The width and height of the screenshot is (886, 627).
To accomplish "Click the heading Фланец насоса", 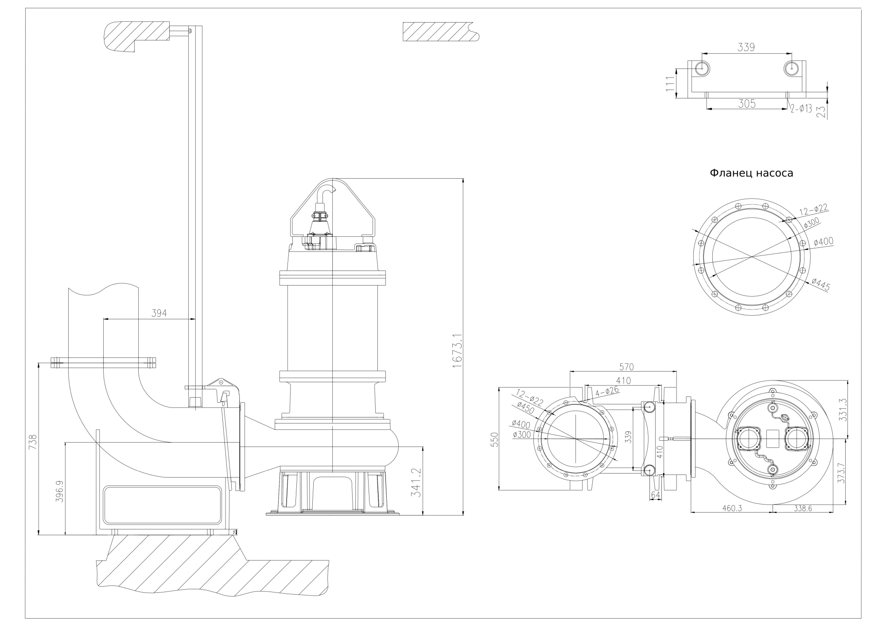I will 751,173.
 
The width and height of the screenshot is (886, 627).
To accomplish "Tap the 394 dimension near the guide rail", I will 159,313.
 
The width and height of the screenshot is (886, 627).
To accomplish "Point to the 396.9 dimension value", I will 59,491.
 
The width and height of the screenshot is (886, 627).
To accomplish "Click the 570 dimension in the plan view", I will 626,367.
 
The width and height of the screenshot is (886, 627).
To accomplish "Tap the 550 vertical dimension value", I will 495,439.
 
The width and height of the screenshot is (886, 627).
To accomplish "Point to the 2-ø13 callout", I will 801,108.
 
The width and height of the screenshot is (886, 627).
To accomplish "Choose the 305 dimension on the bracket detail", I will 746,104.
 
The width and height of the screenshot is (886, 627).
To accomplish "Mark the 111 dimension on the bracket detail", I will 670,83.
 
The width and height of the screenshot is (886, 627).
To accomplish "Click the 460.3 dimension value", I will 732,509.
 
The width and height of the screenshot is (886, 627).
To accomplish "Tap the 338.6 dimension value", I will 802,509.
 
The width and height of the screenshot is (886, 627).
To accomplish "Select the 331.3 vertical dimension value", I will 843,409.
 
